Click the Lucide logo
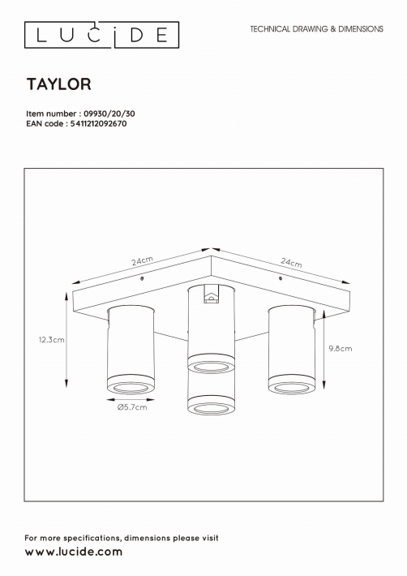click(x=101, y=35)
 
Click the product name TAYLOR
click(x=58, y=84)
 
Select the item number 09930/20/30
click(x=109, y=114)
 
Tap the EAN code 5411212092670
click(x=98, y=124)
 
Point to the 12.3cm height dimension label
click(x=52, y=340)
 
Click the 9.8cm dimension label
click(x=341, y=349)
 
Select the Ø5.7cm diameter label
click(x=132, y=407)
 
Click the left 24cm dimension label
click(x=143, y=260)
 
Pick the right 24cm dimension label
click(x=291, y=262)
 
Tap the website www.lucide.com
click(x=74, y=552)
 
